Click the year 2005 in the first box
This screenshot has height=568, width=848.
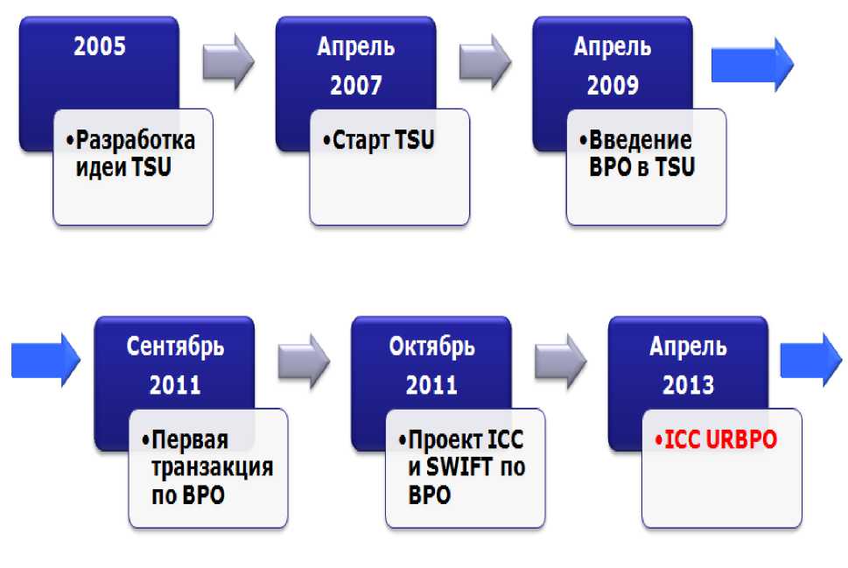coord(99,46)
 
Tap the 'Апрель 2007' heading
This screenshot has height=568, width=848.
coord(355,66)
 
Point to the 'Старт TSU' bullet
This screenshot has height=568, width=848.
coord(379,140)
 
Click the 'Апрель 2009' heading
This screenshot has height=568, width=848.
coord(612,66)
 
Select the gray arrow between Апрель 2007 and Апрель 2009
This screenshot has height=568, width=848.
coord(486,62)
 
